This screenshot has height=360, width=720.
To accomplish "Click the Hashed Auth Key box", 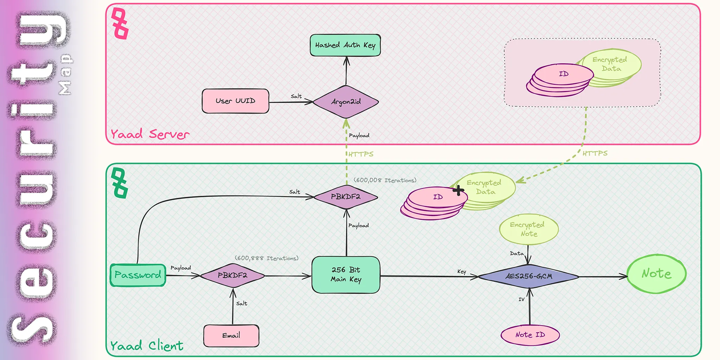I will [x=345, y=45].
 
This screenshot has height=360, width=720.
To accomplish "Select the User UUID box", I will [x=235, y=101].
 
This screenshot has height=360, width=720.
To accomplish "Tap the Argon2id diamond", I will [x=346, y=102].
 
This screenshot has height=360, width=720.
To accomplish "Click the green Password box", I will [x=138, y=275].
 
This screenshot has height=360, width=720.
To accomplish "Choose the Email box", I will [x=231, y=335].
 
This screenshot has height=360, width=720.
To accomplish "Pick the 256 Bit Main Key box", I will [x=346, y=275].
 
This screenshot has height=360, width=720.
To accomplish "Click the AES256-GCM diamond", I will [x=529, y=276].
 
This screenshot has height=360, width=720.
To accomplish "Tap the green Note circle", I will [x=656, y=274].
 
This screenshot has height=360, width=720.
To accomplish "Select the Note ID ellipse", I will [x=530, y=335].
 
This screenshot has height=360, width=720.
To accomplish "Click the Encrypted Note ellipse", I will [x=528, y=229].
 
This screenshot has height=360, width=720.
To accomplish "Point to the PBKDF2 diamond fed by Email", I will [x=232, y=275].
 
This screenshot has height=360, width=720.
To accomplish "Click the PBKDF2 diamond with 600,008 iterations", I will [x=346, y=197].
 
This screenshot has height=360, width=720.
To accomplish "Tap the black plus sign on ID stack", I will [x=458, y=191].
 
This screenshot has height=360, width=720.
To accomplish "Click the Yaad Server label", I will [x=150, y=134].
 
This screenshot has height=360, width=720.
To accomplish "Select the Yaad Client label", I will [x=147, y=346].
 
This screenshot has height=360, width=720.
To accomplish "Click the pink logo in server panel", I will [x=120, y=23].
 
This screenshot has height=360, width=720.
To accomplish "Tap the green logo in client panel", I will [x=120, y=183].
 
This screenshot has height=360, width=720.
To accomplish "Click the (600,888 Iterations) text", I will [x=266, y=258].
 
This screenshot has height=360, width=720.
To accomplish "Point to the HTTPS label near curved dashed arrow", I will [x=595, y=153].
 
